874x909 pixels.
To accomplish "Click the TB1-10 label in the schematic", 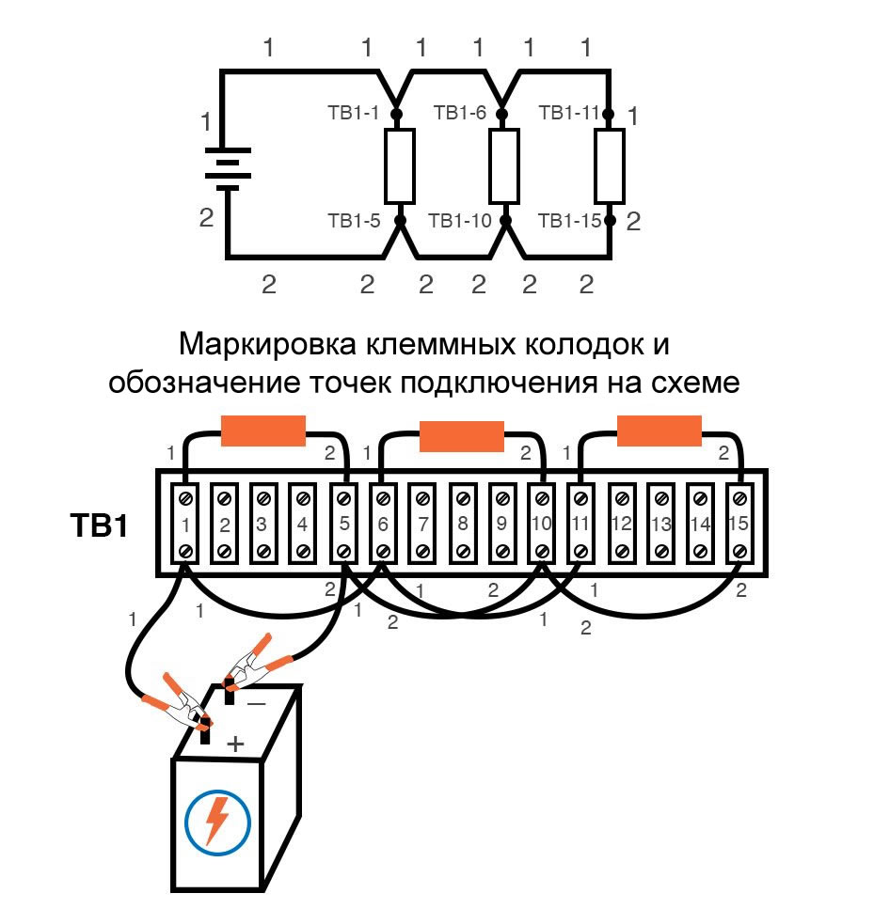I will (460, 222).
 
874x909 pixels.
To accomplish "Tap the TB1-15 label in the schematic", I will (569, 222).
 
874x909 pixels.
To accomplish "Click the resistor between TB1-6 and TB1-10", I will (505, 166).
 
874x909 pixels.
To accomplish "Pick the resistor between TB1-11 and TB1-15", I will (610, 166).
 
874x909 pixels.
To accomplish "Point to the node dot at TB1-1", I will (396, 114).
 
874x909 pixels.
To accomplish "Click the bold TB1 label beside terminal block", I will (98, 525).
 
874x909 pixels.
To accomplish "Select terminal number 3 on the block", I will (262, 524).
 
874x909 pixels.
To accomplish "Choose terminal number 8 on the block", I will (462, 524).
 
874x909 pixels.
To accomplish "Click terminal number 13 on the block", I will (660, 524).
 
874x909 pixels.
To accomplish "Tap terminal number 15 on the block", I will (740, 524).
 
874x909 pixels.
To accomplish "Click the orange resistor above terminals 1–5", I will (262, 431).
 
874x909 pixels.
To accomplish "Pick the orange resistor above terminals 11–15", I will (659, 431).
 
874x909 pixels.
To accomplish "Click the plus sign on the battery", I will (234, 744).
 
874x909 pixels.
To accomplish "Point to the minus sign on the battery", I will (257, 702).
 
